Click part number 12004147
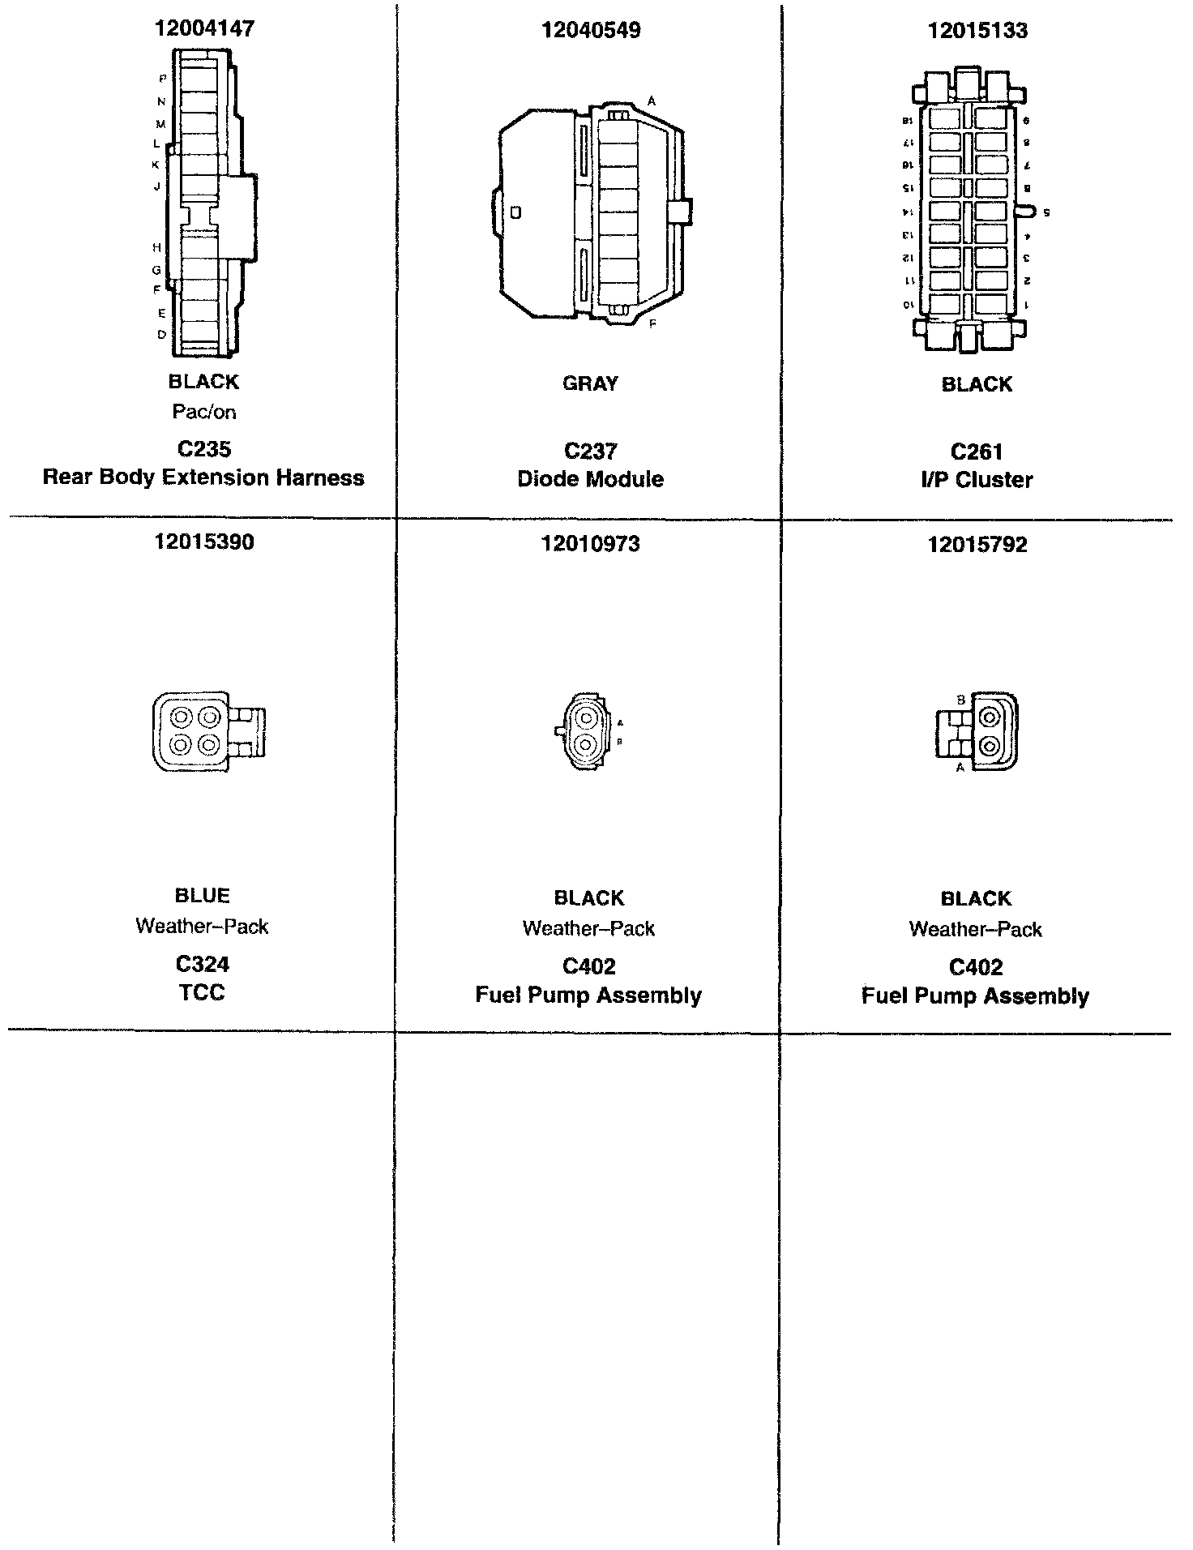tap(204, 28)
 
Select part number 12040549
tap(591, 30)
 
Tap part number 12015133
tap(977, 30)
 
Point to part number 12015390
tap(204, 542)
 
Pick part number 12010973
tap(591, 544)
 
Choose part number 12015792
tap(977, 544)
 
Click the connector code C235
tap(204, 449)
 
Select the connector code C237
tap(591, 452)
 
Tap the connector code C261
tap(977, 452)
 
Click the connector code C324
tap(203, 964)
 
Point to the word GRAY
tap(591, 383)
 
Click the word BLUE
tap(203, 895)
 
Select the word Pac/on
tap(204, 412)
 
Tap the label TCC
tap(202, 992)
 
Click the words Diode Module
tap(591, 479)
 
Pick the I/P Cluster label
tap(977, 480)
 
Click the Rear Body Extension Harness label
tap(203, 477)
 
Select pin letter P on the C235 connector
tap(162, 79)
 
